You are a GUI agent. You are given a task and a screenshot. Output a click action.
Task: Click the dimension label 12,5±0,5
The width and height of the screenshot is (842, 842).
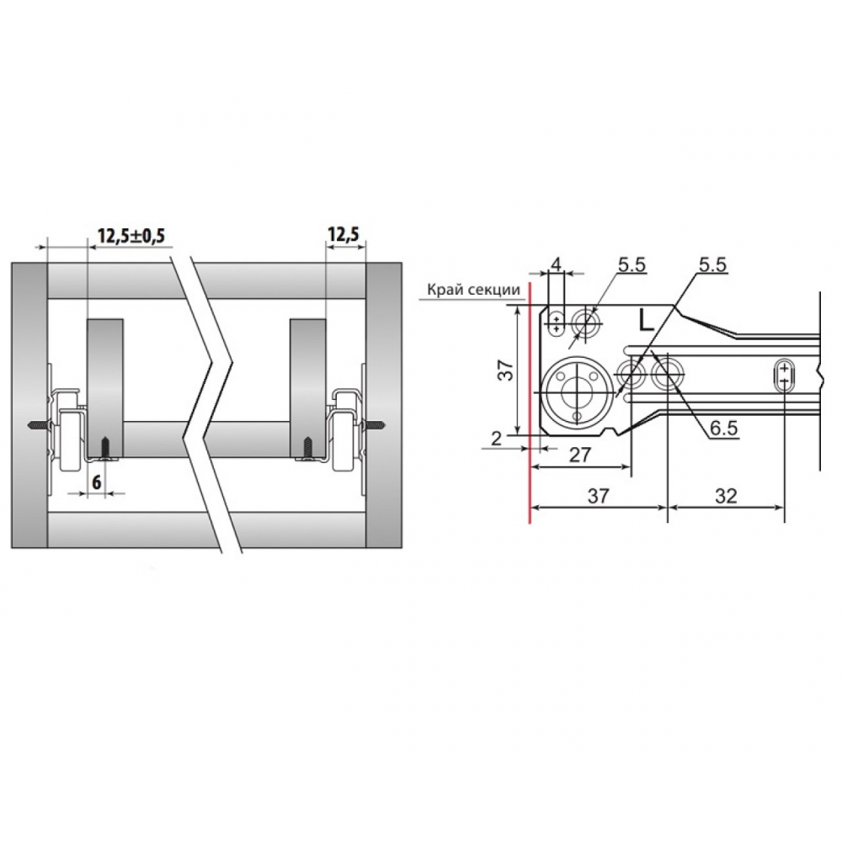pos(131,236)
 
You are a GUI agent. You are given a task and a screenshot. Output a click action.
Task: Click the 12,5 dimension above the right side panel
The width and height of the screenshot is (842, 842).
pos(344,234)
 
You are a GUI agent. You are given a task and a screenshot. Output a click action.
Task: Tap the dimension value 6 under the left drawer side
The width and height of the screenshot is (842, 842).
pos(97,482)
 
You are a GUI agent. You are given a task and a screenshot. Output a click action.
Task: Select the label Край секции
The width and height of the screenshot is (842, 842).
pos(473,290)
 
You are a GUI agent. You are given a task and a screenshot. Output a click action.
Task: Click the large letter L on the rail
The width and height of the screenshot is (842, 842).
pos(647,321)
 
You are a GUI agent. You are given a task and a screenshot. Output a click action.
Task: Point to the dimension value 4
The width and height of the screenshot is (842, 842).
pos(557,264)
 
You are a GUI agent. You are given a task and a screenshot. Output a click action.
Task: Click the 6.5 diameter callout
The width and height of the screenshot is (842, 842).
pos(723,428)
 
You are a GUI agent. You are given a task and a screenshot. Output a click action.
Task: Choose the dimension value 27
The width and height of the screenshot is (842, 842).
pos(579,455)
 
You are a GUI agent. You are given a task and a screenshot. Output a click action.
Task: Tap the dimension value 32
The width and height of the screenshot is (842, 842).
pos(726,496)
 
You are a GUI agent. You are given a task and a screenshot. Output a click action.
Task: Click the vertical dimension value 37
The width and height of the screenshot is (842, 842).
pos(505,370)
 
